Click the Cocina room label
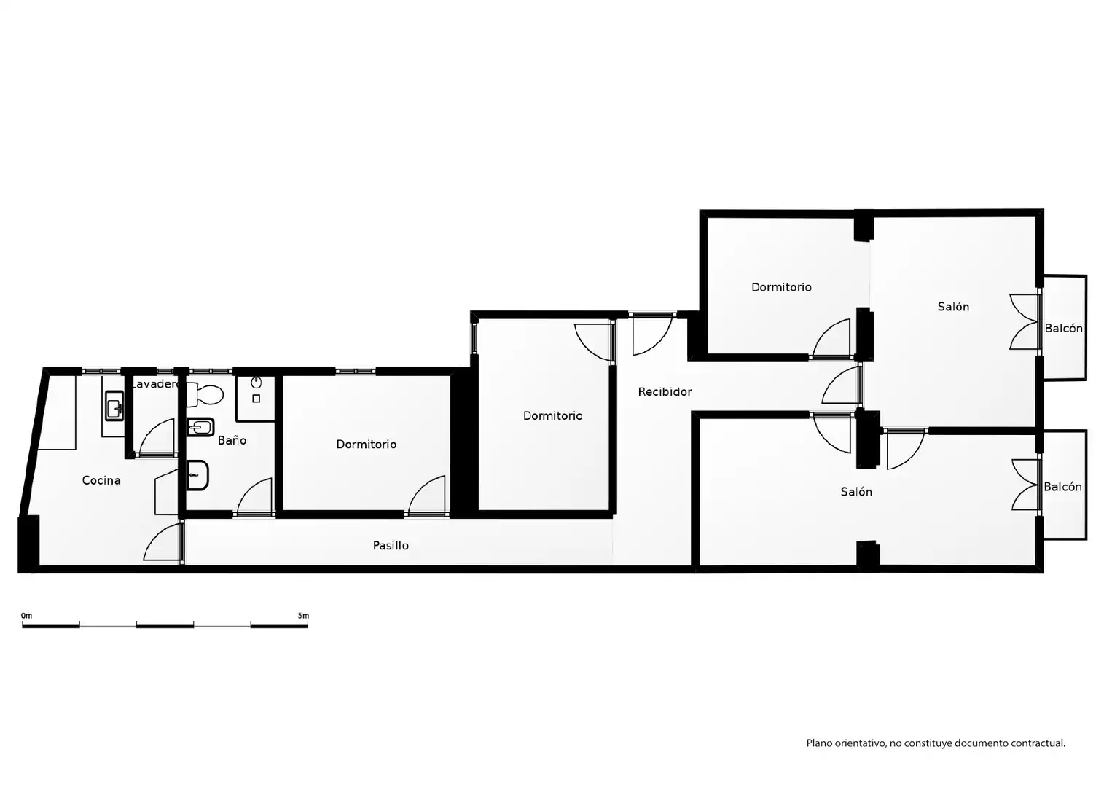point(101,480)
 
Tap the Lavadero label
point(155,384)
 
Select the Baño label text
point(232,440)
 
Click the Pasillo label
point(391,545)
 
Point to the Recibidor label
point(665,392)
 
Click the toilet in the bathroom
point(205,394)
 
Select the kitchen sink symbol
point(114,406)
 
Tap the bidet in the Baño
point(200,427)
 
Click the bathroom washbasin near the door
point(197,475)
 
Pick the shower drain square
point(257,398)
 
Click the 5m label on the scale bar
point(303,616)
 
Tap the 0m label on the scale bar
point(27,616)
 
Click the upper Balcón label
point(1063,328)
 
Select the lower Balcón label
point(1062,487)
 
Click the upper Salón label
point(953,306)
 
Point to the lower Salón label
point(856,492)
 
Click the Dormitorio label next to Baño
point(367,444)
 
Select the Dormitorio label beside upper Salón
point(781,287)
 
